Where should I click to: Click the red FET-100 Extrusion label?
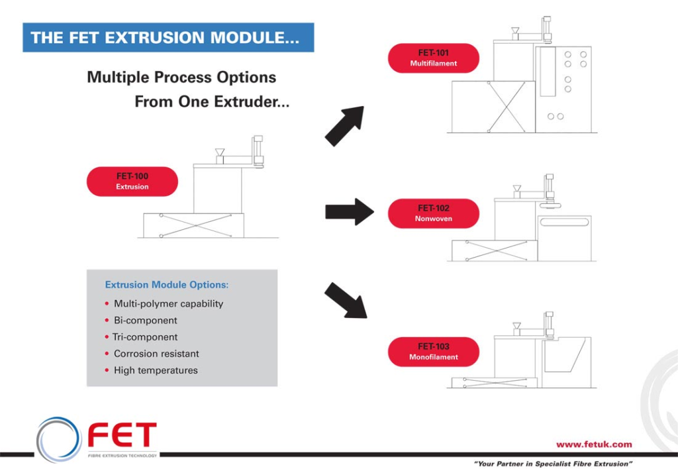click(x=132, y=182)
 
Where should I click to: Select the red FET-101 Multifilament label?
click(x=434, y=58)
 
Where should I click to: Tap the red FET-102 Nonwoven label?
click(x=434, y=213)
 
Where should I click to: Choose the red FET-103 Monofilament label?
click(x=434, y=352)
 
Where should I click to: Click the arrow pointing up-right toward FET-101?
click(x=345, y=125)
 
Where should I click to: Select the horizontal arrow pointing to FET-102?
click(x=349, y=212)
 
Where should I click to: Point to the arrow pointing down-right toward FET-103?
click(x=346, y=300)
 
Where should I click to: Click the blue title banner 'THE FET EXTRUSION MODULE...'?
click(x=168, y=38)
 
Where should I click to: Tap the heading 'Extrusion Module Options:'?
click(x=167, y=285)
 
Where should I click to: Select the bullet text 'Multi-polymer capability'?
click(x=168, y=304)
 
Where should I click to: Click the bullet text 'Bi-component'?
click(x=145, y=321)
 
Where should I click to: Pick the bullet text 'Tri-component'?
click(x=145, y=337)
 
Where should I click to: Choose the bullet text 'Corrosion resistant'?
click(x=156, y=354)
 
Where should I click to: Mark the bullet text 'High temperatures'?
click(x=156, y=370)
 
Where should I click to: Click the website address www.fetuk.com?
click(x=594, y=444)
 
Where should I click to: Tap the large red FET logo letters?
click(x=122, y=435)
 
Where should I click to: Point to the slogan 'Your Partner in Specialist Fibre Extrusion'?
click(x=554, y=464)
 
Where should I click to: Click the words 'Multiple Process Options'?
click(x=181, y=78)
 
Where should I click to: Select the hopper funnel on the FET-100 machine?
click(x=220, y=152)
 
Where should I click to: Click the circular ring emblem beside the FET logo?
click(x=59, y=439)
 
